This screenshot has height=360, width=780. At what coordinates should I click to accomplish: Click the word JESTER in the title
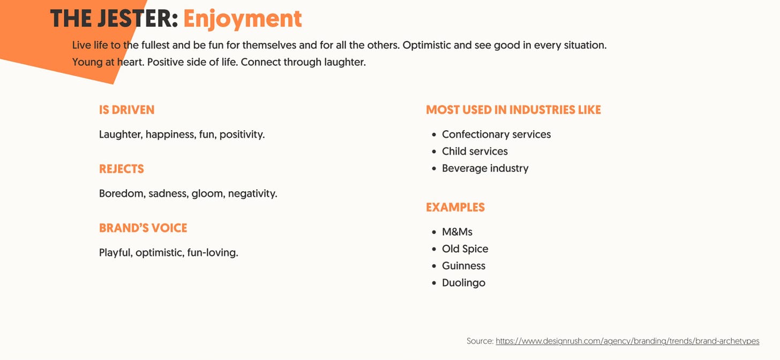(x=134, y=19)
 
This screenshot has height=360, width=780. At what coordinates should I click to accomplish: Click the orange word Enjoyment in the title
(x=242, y=19)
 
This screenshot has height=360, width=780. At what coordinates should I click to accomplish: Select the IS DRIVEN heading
(x=126, y=110)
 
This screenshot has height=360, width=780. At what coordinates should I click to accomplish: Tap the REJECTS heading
(x=122, y=169)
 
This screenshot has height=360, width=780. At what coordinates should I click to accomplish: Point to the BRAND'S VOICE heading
(x=143, y=228)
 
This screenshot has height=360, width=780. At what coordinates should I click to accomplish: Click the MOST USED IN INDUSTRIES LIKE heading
(x=513, y=110)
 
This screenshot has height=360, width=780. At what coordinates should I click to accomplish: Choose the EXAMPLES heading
(x=455, y=207)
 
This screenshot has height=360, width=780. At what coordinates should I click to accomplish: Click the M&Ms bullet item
(x=457, y=232)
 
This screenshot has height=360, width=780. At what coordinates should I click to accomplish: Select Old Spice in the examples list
(x=465, y=249)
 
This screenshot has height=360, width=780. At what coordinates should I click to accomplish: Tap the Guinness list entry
(x=463, y=266)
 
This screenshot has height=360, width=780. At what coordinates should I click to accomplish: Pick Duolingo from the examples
(x=463, y=283)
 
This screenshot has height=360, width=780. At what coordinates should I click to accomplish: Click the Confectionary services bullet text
(x=496, y=134)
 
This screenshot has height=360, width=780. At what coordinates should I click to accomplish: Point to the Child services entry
(x=475, y=152)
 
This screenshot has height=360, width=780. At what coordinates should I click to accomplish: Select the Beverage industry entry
(x=485, y=168)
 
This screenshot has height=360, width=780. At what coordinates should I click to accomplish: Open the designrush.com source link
(x=627, y=341)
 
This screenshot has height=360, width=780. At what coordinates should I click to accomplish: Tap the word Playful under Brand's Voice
(x=116, y=252)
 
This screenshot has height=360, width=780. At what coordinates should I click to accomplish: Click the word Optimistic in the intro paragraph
(x=426, y=45)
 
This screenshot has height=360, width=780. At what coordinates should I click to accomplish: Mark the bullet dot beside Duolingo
(x=434, y=283)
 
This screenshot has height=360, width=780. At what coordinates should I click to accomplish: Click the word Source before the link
(x=479, y=341)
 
